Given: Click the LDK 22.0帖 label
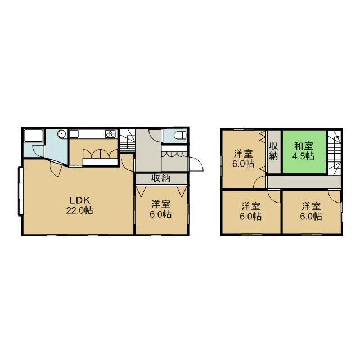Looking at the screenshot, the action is pyautogui.click(x=80, y=205).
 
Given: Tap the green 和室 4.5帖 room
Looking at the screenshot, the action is pyautogui.click(x=304, y=152).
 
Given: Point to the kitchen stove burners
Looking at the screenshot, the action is pyautogui.click(x=110, y=134).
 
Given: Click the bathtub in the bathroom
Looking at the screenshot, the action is pyautogui.click(x=34, y=136).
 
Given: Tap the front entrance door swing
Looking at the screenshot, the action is pyautogui.click(x=196, y=164).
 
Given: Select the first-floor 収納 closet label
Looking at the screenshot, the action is pyautogui.click(x=161, y=178).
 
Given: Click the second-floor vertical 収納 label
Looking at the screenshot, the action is pyautogui.click(x=273, y=151).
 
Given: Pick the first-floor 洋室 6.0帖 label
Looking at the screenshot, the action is pyautogui.click(x=161, y=209).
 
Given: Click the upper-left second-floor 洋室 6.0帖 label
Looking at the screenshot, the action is pyautogui.click(x=243, y=158).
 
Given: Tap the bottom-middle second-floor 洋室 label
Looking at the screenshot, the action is pyautogui.click(x=251, y=211).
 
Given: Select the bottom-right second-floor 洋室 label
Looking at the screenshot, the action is pyautogui.click(x=311, y=211).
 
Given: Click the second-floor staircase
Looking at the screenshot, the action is pyautogui.click(x=334, y=152).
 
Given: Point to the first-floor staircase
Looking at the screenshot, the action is pyautogui.click(x=128, y=141).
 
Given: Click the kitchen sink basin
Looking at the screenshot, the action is pyautogui.click(x=74, y=134).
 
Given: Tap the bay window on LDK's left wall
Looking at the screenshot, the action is pyautogui.click(x=20, y=191).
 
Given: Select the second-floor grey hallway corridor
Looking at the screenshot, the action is pyautogui.click(x=304, y=182).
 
